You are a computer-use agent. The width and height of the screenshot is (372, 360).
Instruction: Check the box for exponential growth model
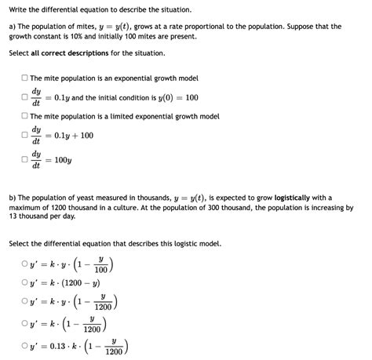[24, 78]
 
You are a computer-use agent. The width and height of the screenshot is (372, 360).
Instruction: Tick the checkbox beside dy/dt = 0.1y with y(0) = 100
[24, 97]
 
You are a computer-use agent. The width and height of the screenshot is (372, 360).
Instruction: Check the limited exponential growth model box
[24, 116]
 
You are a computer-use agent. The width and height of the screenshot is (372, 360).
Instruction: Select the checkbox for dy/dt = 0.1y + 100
[24, 135]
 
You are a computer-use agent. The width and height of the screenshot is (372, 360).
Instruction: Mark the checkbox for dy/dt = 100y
[24, 160]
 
